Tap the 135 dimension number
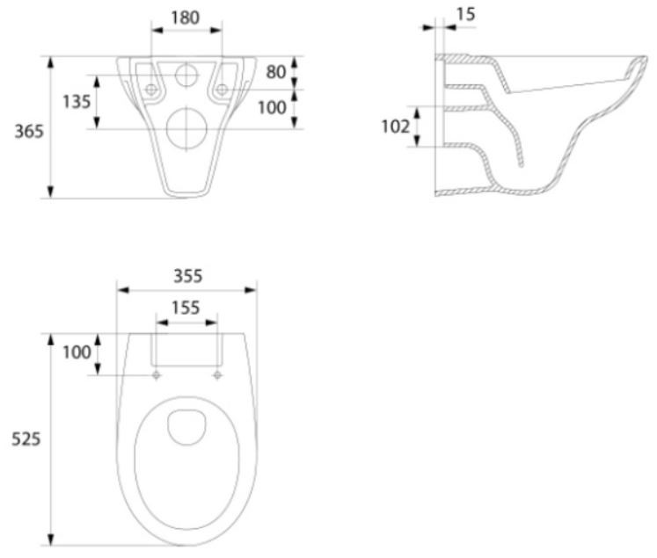[x=77, y=102]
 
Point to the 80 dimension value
[x=276, y=71]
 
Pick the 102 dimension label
[x=395, y=127]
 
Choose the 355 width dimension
[x=186, y=275]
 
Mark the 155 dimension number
[x=186, y=308]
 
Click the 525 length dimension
[x=24, y=438]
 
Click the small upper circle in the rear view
[x=186, y=75]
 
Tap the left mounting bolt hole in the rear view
[x=151, y=90]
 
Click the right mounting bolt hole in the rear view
[x=222, y=90]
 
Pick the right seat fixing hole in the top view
[x=216, y=375]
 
